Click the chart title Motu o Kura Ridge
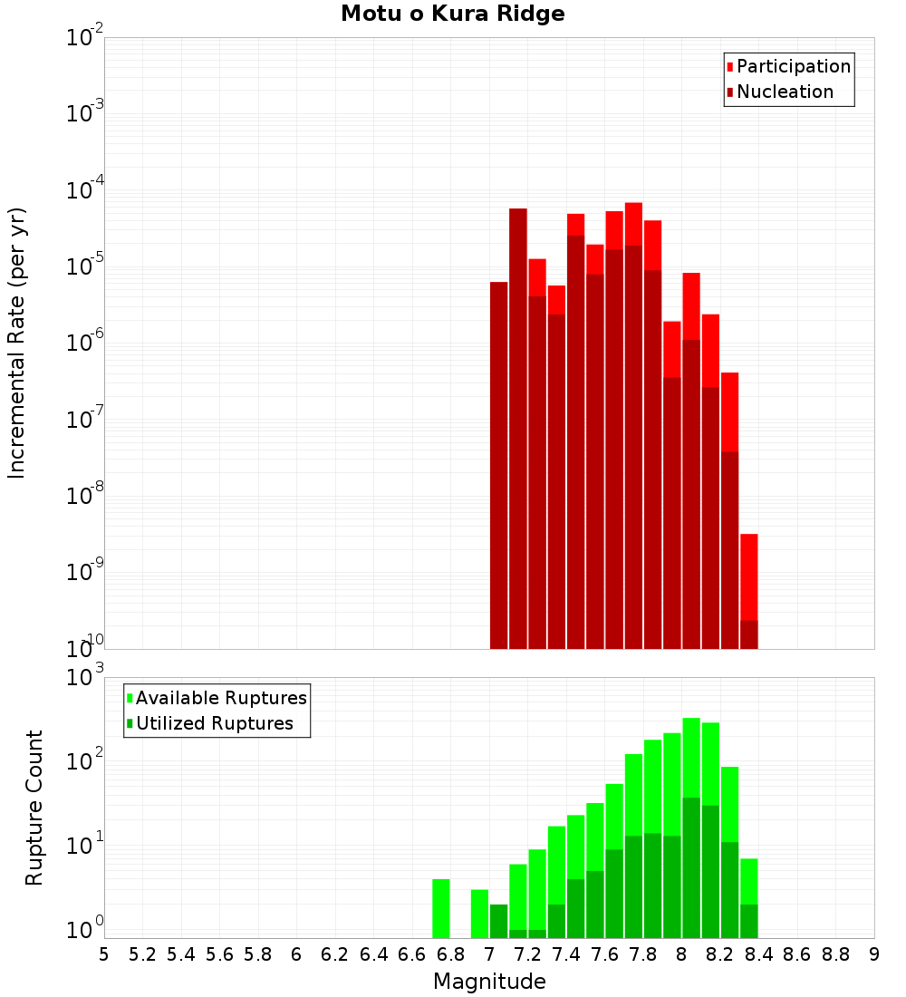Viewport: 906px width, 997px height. point(452,14)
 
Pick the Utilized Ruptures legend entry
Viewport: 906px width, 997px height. point(214,723)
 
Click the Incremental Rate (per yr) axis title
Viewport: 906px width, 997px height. point(17,343)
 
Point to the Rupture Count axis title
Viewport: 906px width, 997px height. point(34,808)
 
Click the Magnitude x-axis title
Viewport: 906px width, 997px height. point(489,981)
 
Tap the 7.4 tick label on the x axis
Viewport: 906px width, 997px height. point(566,954)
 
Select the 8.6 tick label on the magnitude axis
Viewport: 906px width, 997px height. point(797,954)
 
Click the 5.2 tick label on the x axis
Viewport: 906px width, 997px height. point(142,954)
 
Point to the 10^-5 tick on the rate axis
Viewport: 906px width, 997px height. point(84,266)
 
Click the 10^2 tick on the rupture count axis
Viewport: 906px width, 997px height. point(84,761)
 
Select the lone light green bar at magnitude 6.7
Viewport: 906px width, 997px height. point(441,908)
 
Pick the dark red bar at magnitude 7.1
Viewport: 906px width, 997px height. point(518,426)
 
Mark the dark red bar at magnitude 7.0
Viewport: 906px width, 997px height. point(498,462)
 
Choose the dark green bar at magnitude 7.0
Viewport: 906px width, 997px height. point(498,921)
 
